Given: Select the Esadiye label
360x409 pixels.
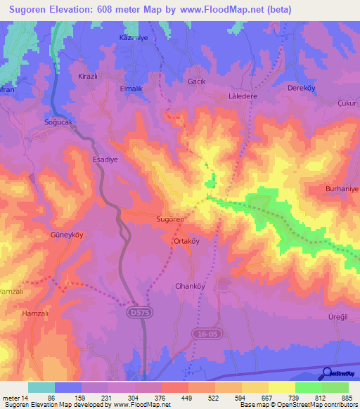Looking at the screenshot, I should pos(105,160).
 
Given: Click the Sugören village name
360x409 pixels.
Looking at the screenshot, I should pos(170,219).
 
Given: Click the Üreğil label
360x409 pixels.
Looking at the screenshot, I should pos(339,318).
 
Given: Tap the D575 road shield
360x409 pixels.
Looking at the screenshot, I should pos(141,310).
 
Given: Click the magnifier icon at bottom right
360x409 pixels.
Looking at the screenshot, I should pos(326,375).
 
